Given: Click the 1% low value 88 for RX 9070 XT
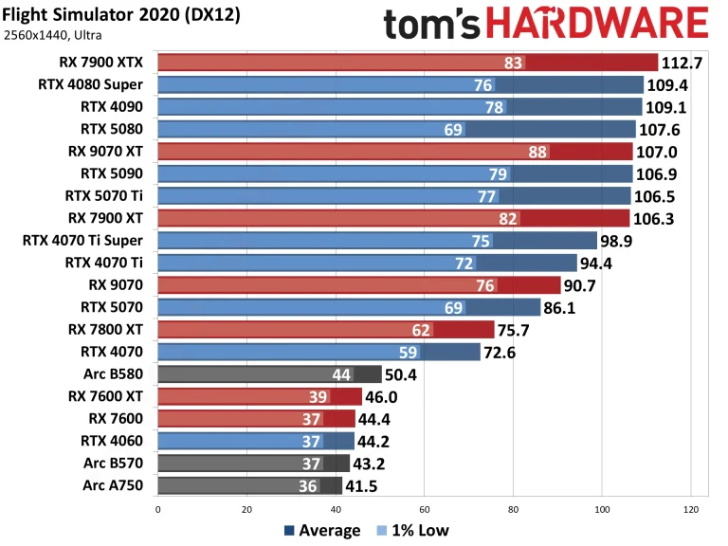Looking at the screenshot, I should [x=538, y=152].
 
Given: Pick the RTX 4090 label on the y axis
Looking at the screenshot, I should [x=117, y=107].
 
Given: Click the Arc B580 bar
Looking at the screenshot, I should [x=269, y=374].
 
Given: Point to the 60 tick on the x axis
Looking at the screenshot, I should [x=424, y=509].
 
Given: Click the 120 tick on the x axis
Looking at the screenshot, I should [x=690, y=509].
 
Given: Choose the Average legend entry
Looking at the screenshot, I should [x=322, y=530].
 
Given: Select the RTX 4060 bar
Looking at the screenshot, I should [x=256, y=441].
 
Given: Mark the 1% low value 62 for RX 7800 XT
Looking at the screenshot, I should [x=422, y=330].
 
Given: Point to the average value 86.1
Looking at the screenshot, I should [x=567, y=307].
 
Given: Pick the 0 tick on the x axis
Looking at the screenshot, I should [x=157, y=509].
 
